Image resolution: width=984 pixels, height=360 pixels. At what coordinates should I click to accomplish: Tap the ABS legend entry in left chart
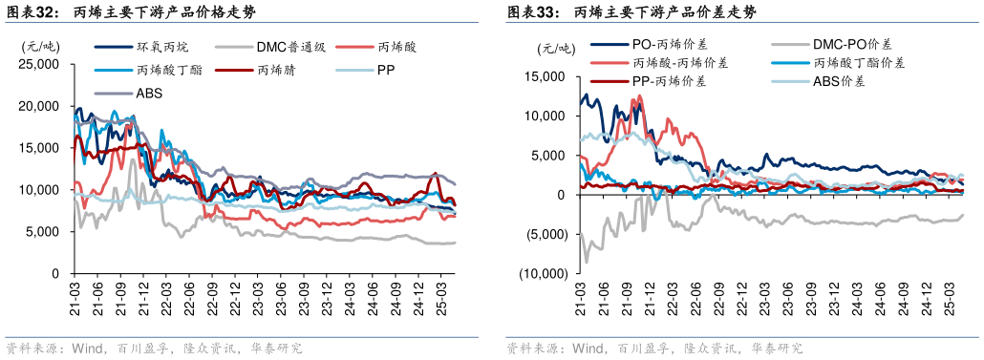pos(148,93)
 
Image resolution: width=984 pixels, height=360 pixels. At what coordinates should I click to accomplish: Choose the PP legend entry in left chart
pos(386,70)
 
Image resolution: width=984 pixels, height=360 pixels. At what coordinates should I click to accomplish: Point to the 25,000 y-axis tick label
pos(39,64)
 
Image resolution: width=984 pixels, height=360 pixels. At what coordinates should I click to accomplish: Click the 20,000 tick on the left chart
pos(39,106)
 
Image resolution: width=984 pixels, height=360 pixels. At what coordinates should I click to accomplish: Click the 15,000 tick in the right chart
pos(545,76)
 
